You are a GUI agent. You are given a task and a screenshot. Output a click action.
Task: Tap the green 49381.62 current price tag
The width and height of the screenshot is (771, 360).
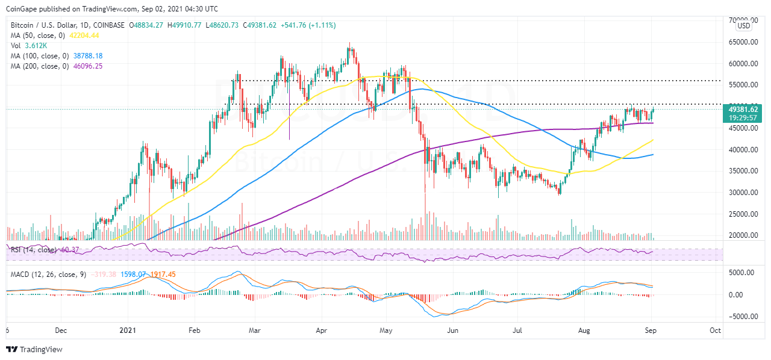click(743, 109)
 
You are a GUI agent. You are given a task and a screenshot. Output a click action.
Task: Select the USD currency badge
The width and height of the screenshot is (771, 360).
click(744, 25)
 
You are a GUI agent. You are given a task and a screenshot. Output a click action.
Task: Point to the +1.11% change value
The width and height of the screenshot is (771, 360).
click(323, 25)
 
